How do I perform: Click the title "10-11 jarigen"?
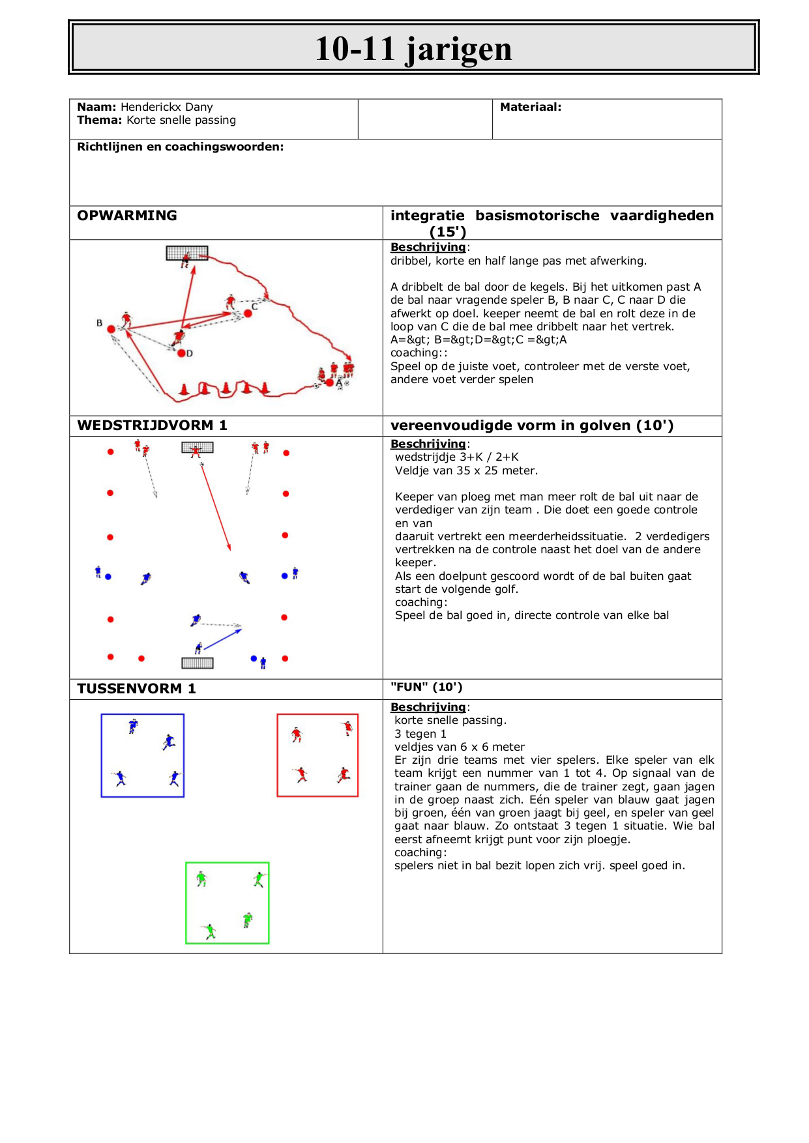(413, 48)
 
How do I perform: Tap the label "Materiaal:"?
(531, 107)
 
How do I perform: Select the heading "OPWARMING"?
(127, 216)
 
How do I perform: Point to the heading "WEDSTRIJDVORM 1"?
(152, 426)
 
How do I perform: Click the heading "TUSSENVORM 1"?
(136, 689)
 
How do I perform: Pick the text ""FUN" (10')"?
(426, 687)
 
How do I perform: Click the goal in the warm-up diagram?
(187, 253)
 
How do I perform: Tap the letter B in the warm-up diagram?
(100, 323)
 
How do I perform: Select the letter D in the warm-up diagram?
(190, 353)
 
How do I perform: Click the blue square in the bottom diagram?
(143, 755)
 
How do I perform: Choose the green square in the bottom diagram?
(228, 903)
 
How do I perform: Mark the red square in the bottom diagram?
(317, 755)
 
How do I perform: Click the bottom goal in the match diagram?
(198, 663)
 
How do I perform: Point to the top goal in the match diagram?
(198, 447)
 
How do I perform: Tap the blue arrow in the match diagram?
(222, 638)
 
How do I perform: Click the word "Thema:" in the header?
(100, 120)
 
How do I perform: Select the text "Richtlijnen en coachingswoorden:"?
(181, 147)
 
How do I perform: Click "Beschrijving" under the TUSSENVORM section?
(428, 707)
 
